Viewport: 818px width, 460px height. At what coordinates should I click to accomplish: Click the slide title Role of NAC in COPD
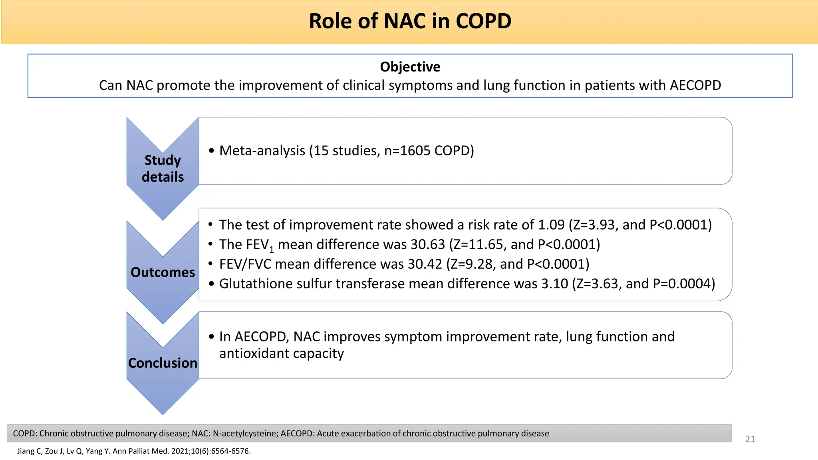(410, 21)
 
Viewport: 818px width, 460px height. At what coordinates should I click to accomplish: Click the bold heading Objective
(410, 67)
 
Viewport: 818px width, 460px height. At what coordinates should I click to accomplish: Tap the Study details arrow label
(163, 169)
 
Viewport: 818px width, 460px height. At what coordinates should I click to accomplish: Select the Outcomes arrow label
(163, 272)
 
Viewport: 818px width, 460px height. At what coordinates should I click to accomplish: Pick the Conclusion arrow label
(163, 363)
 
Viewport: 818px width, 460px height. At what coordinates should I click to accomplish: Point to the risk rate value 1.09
(551, 225)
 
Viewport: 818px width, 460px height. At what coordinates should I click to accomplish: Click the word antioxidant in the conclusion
(254, 353)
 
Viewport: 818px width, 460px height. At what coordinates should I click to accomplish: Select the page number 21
(750, 439)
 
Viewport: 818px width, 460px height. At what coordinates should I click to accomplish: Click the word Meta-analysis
(262, 151)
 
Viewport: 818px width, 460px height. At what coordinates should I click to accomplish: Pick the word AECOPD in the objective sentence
(695, 85)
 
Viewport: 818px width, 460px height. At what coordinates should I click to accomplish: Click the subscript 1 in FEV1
(272, 250)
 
